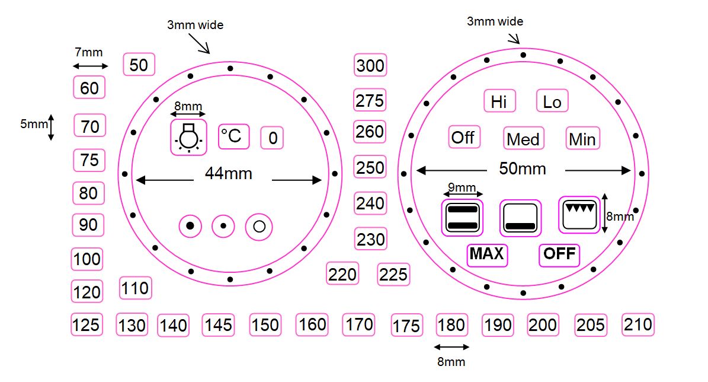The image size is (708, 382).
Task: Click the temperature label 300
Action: (x=370, y=65)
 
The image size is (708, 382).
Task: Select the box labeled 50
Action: (x=139, y=64)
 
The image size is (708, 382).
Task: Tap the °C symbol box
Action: (x=233, y=136)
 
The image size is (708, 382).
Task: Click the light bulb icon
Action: (x=188, y=136)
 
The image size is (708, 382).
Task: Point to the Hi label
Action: (x=499, y=101)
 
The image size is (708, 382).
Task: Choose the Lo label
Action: (x=552, y=101)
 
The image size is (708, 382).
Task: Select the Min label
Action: (x=582, y=139)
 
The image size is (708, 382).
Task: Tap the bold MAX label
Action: (x=487, y=254)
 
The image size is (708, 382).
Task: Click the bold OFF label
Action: (x=559, y=254)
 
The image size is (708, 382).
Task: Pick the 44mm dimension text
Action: (x=229, y=174)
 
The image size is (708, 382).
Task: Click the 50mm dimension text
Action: (x=522, y=169)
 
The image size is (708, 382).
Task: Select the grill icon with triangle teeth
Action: (x=579, y=215)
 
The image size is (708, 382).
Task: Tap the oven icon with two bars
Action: (x=463, y=218)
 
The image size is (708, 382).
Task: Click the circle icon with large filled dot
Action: (x=190, y=226)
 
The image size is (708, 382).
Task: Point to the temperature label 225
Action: (x=393, y=274)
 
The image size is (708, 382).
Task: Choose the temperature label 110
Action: (x=135, y=289)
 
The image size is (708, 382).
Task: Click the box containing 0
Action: (x=273, y=138)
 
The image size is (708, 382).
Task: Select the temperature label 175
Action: (x=406, y=326)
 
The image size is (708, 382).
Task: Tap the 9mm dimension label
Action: (x=463, y=188)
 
